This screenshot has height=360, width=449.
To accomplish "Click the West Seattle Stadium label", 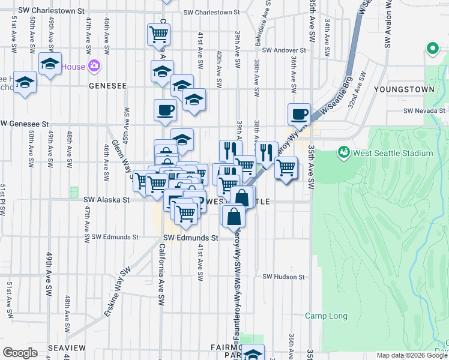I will click(x=393, y=153).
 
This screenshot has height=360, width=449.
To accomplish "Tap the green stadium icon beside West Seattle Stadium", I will click(x=344, y=152).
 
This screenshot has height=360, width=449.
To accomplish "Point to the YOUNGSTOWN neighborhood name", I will click(x=403, y=89).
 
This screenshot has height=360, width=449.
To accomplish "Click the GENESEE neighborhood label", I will click(x=107, y=86).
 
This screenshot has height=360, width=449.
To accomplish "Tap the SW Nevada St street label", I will click(x=424, y=110).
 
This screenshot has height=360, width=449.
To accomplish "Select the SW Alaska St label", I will click(x=106, y=199).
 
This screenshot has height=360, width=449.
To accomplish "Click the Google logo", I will click(x=20, y=353).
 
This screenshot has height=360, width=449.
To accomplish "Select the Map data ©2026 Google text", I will click(x=412, y=355).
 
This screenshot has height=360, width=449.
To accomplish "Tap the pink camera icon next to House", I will click(x=93, y=66).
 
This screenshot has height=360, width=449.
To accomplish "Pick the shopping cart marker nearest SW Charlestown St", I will click(x=158, y=34).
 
